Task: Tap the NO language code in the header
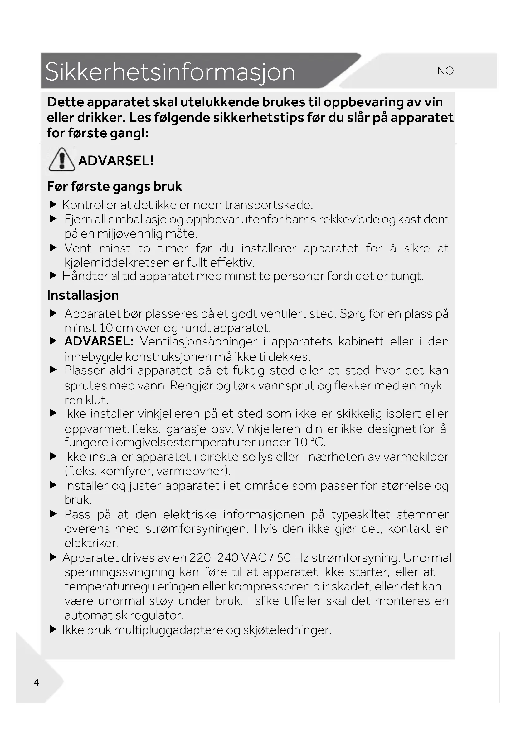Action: [445, 71]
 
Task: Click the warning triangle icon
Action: [62, 159]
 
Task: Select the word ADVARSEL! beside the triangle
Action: [116, 160]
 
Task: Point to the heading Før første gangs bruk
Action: [114, 186]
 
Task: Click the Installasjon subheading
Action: [83, 295]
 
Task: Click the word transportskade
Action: [269, 205]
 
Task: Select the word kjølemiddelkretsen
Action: [117, 262]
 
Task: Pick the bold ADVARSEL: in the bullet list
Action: [99, 341]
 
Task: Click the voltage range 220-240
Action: [213, 558]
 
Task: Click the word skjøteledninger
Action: [287, 630]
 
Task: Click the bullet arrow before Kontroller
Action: [53, 205]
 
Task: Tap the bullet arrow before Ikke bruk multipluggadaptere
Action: [53, 630]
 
